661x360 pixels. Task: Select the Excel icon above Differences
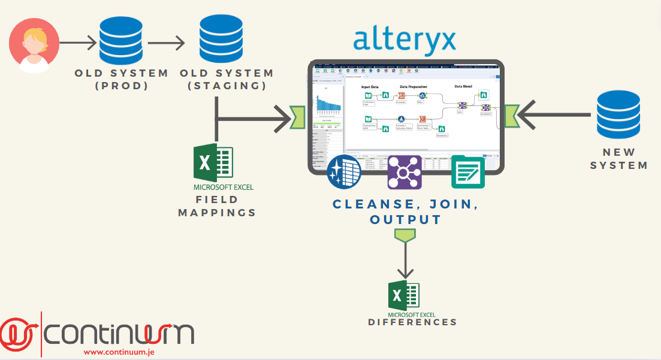coord(405,296)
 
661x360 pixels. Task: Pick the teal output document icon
coord(468,173)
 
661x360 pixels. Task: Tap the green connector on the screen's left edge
coord(298,117)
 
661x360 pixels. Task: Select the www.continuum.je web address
coord(119,352)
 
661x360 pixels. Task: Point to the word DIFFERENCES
coord(412,322)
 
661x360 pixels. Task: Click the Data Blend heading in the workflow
coord(463,87)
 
